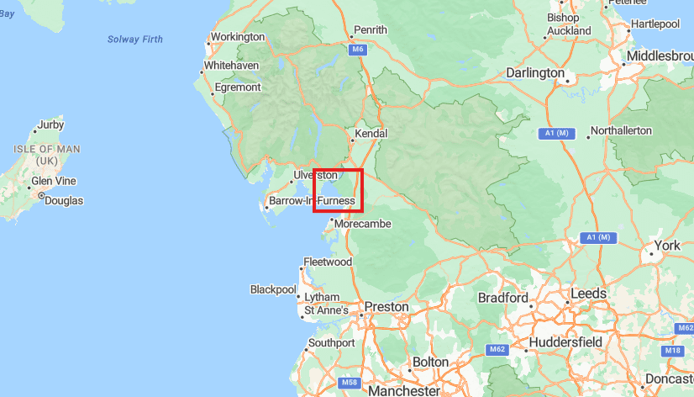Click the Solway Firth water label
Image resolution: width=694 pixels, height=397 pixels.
pyautogui.click(x=135, y=40)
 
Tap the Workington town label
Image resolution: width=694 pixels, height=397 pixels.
pyautogui.click(x=237, y=37)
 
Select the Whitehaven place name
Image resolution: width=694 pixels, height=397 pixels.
pyautogui.click(x=231, y=65)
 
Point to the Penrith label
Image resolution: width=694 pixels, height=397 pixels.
pyautogui.click(x=371, y=30)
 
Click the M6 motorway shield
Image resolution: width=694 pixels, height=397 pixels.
pyautogui.click(x=359, y=50)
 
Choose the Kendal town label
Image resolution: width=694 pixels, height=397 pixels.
pyautogui.click(x=371, y=134)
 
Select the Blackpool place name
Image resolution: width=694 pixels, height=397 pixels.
pyautogui.click(x=273, y=289)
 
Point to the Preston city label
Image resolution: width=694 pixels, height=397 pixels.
pyautogui.click(x=386, y=307)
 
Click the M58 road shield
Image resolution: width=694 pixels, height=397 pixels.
pyautogui.click(x=350, y=383)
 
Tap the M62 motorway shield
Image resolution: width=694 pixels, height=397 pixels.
pyautogui.click(x=497, y=348)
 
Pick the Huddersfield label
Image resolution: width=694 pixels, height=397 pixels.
pyautogui.click(x=565, y=342)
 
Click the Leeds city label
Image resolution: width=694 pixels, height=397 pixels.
pyautogui.click(x=588, y=294)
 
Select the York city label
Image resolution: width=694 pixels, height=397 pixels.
pyautogui.click(x=666, y=246)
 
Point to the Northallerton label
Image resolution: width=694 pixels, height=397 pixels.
pyautogui.click(x=621, y=131)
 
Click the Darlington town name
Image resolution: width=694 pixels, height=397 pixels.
pyautogui.click(x=535, y=73)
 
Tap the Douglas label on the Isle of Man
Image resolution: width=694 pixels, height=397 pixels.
pyautogui.click(x=64, y=200)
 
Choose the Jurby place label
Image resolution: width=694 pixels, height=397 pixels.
pyautogui.click(x=50, y=125)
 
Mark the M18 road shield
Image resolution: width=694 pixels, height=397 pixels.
pyautogui.click(x=673, y=350)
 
